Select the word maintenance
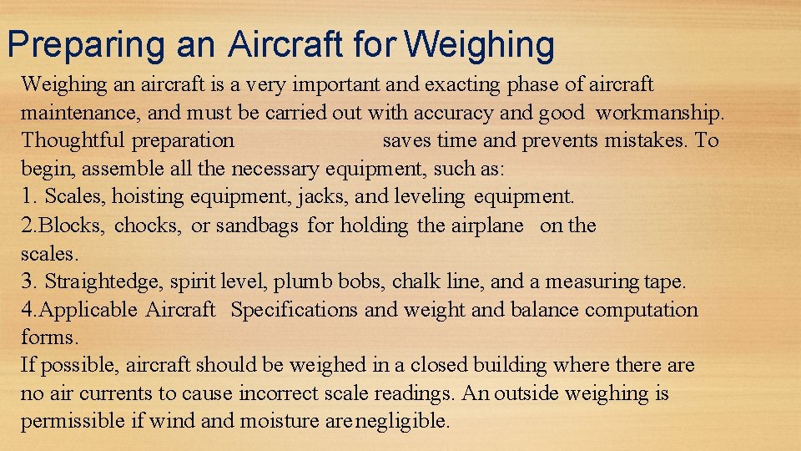[79, 112]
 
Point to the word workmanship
[661, 112]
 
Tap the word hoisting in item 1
[148, 197]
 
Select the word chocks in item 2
[147, 225]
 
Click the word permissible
[73, 421]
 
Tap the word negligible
[403, 421]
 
